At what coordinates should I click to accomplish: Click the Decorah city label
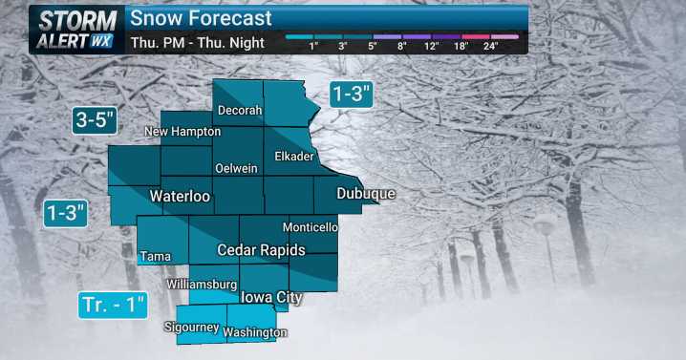pyautogui.click(x=240, y=111)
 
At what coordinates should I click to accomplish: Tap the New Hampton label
pyautogui.click(x=182, y=131)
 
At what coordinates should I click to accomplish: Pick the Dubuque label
pyautogui.click(x=366, y=194)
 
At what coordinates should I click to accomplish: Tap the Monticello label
pyautogui.click(x=311, y=227)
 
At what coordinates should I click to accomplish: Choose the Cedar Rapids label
pyautogui.click(x=261, y=250)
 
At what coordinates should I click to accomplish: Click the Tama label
pyautogui.click(x=155, y=256)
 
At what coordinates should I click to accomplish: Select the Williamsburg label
pyautogui.click(x=201, y=285)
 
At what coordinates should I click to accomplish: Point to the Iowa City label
pyautogui.click(x=271, y=298)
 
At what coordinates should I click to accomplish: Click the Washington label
pyautogui.click(x=255, y=332)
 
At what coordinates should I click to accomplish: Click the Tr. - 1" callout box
pyautogui.click(x=113, y=306)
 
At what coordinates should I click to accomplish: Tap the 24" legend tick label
pyautogui.click(x=491, y=46)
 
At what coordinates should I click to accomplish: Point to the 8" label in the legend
pyautogui.click(x=402, y=46)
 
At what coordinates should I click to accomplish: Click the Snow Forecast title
pyautogui.click(x=201, y=18)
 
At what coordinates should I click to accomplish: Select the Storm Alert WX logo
pyautogui.click(x=75, y=30)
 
